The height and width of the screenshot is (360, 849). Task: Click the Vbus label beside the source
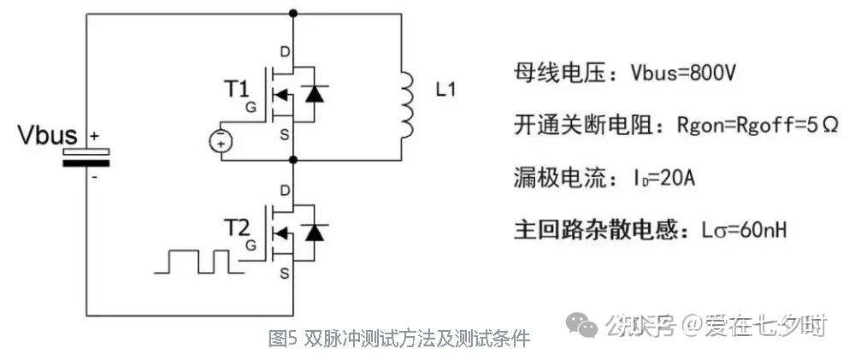point(48,136)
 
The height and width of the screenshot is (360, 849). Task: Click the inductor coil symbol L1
point(406,105)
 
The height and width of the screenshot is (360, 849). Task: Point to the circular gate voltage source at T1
point(221,140)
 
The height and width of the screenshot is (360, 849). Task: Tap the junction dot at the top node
point(293,14)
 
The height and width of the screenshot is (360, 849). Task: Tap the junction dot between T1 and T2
point(293,159)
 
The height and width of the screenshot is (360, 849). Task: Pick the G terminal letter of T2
point(251,245)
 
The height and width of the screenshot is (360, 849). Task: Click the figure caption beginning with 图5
point(398,339)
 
